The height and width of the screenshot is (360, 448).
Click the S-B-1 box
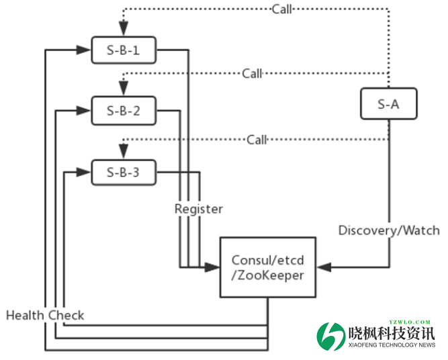pos(124,50)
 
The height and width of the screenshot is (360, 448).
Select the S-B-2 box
pos(124,111)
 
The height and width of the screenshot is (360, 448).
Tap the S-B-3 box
pos(124,173)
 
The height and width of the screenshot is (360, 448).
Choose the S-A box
pos(388,104)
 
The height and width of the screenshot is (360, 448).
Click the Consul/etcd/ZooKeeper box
pos(268,267)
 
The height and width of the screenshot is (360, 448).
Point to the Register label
pos(198,209)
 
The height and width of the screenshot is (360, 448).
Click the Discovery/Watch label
pos(389,230)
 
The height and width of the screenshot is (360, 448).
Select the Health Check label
pos(45,315)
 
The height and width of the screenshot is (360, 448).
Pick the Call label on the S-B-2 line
pos(253,73)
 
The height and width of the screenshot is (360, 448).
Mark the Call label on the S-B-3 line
pos(257,140)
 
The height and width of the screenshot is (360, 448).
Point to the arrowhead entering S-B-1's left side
pos(85,50)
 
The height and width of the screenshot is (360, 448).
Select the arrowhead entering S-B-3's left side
pos(85,173)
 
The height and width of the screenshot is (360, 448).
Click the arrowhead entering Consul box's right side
pos(322,267)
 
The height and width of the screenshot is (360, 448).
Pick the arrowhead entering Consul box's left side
pos(215,267)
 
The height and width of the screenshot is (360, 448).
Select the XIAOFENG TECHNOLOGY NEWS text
pos(392,345)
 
